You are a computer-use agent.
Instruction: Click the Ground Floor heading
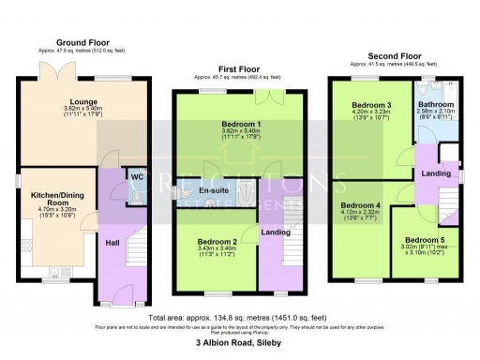click(85, 43)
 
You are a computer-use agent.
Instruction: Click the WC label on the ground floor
click(135, 175)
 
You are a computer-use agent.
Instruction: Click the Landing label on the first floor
click(276, 232)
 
